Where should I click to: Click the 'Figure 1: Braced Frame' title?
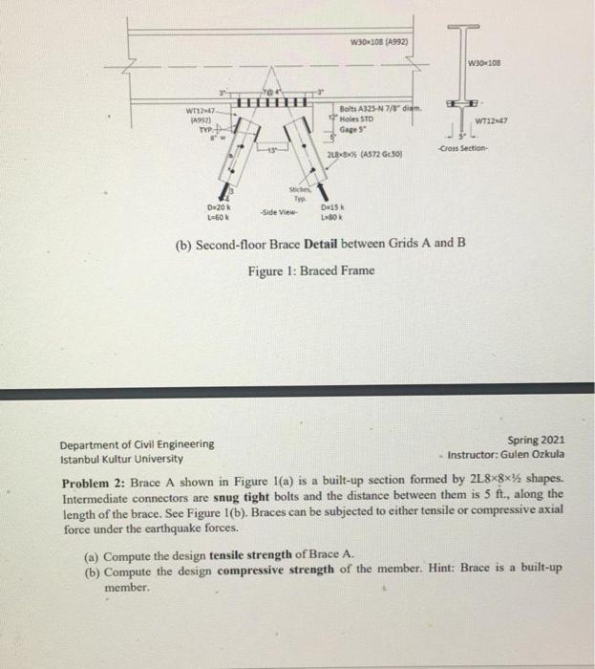point(310,270)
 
